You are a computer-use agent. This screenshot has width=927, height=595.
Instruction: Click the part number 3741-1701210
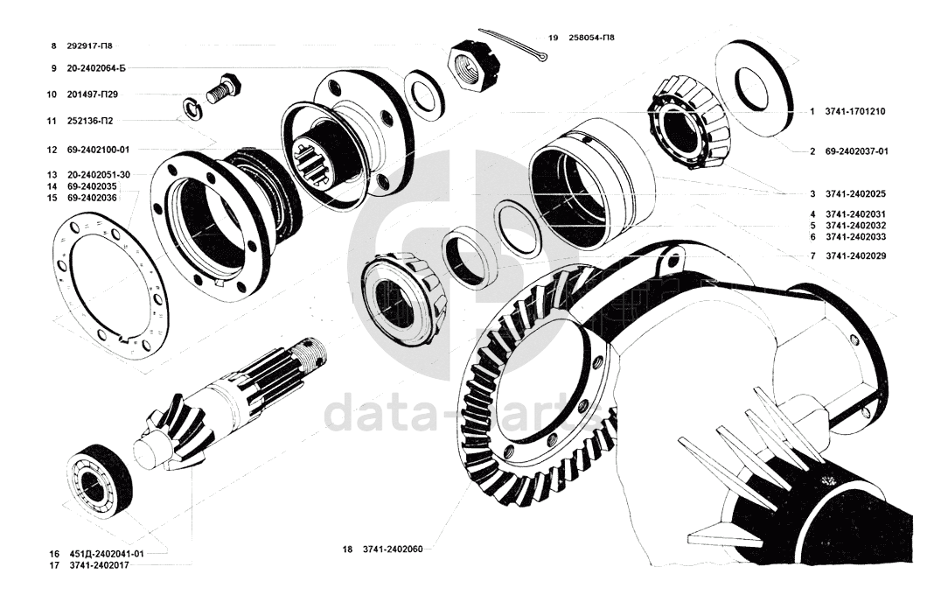(x=854, y=112)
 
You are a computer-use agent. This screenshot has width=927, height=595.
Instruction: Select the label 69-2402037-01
(x=856, y=151)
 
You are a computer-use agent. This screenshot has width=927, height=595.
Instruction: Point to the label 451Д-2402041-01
(x=108, y=554)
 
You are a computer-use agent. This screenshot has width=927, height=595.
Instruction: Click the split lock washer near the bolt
(x=191, y=108)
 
